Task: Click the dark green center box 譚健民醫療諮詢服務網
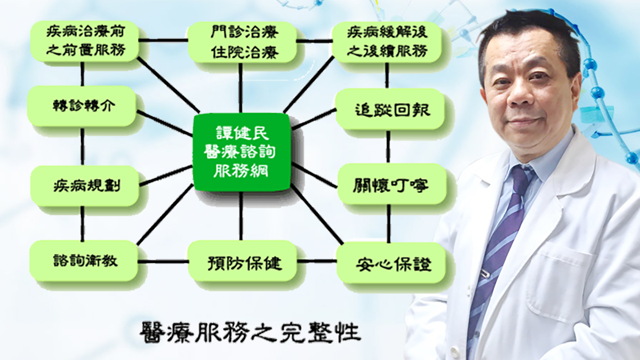(242, 152)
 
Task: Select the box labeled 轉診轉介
(82, 106)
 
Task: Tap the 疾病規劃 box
(85, 186)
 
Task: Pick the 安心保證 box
(391, 263)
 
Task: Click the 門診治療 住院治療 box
(242, 42)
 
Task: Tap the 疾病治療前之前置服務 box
(85, 41)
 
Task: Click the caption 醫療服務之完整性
(250, 332)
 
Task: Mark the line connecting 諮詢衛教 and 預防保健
(163, 261)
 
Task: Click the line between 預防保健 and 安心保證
(317, 261)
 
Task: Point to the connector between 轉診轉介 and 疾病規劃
(83, 146)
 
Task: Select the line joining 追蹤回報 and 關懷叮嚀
(388, 147)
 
